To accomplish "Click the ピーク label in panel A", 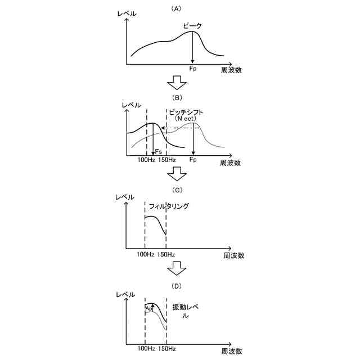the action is click(192, 26).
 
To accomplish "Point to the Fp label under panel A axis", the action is click(193, 69).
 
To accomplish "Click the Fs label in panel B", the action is click(159, 151).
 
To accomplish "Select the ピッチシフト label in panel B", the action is click(186, 112).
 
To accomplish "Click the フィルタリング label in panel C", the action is click(169, 206).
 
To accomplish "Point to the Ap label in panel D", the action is click(149, 309).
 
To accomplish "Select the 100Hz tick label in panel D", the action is click(146, 349).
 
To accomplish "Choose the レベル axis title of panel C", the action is click(124, 197).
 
